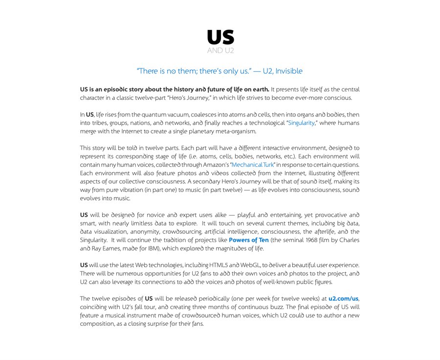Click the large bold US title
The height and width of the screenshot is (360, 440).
[x=220, y=37]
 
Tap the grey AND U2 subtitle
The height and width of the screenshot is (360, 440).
[x=220, y=50]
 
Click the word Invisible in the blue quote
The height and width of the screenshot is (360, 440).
[x=288, y=71]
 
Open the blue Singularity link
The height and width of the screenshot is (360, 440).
[x=302, y=123]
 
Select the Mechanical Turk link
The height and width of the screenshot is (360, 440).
[x=253, y=165]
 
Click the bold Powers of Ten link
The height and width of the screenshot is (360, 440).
[x=248, y=240]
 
